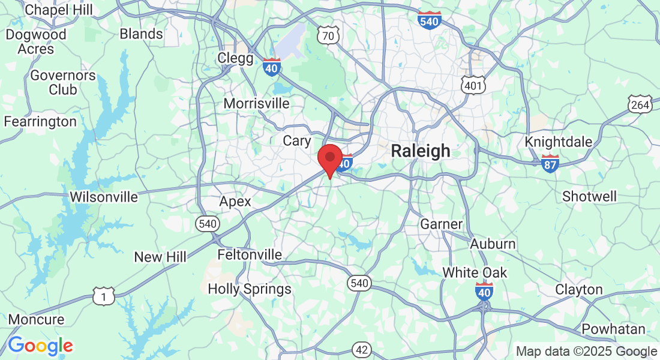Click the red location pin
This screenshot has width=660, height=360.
(x=329, y=160)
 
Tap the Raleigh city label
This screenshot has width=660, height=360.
(x=420, y=151)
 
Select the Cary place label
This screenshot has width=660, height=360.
(x=297, y=140)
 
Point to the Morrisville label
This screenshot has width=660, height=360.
(x=256, y=103)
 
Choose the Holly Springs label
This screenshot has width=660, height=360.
(x=250, y=289)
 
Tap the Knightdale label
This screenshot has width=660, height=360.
(x=558, y=142)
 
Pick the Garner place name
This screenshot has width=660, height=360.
(x=441, y=224)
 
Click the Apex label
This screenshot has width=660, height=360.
(x=235, y=202)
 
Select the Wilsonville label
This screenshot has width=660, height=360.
(x=104, y=197)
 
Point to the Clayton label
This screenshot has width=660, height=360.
(x=578, y=289)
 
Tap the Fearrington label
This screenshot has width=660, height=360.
(x=40, y=122)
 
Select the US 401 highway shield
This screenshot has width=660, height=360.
(x=472, y=85)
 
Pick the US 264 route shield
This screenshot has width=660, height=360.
(x=640, y=105)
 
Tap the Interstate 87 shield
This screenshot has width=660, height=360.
(x=550, y=163)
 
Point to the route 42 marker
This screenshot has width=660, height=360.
(x=361, y=350)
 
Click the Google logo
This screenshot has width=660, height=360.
(x=40, y=346)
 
